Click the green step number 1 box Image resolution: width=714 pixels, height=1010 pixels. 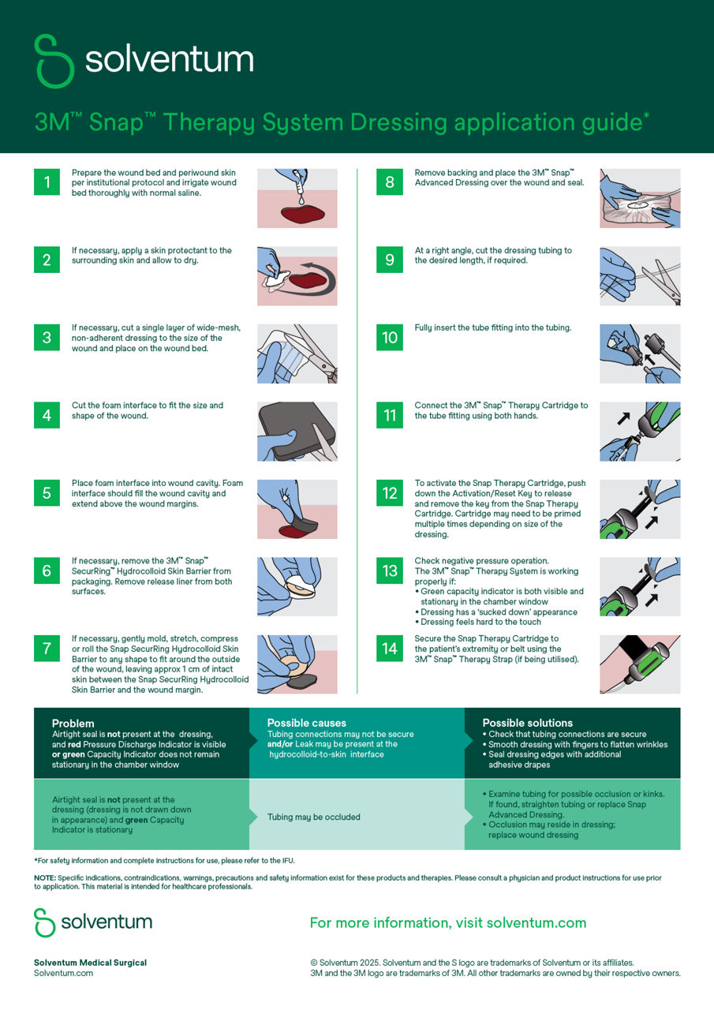click(x=47, y=181)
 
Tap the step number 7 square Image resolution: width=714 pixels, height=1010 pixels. click(x=47, y=649)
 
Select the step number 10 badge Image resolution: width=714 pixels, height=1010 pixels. click(x=390, y=337)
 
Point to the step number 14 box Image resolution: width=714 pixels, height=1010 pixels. click(x=390, y=649)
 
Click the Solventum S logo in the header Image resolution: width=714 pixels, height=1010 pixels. click(x=54, y=61)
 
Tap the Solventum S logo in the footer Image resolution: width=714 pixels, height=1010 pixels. click(x=45, y=922)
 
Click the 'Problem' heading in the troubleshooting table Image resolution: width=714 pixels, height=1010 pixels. click(x=73, y=724)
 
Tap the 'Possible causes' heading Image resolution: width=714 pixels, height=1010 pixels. click(x=307, y=723)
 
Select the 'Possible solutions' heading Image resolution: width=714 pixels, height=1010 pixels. click(x=527, y=723)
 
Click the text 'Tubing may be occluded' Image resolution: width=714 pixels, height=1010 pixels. click(x=314, y=817)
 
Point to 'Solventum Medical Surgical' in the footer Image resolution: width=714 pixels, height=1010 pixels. click(x=90, y=963)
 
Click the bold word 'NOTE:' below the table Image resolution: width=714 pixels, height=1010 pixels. click(x=45, y=878)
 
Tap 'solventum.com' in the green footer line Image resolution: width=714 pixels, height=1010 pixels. click(x=536, y=923)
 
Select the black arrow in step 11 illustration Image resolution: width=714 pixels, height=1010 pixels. click(x=624, y=418)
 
